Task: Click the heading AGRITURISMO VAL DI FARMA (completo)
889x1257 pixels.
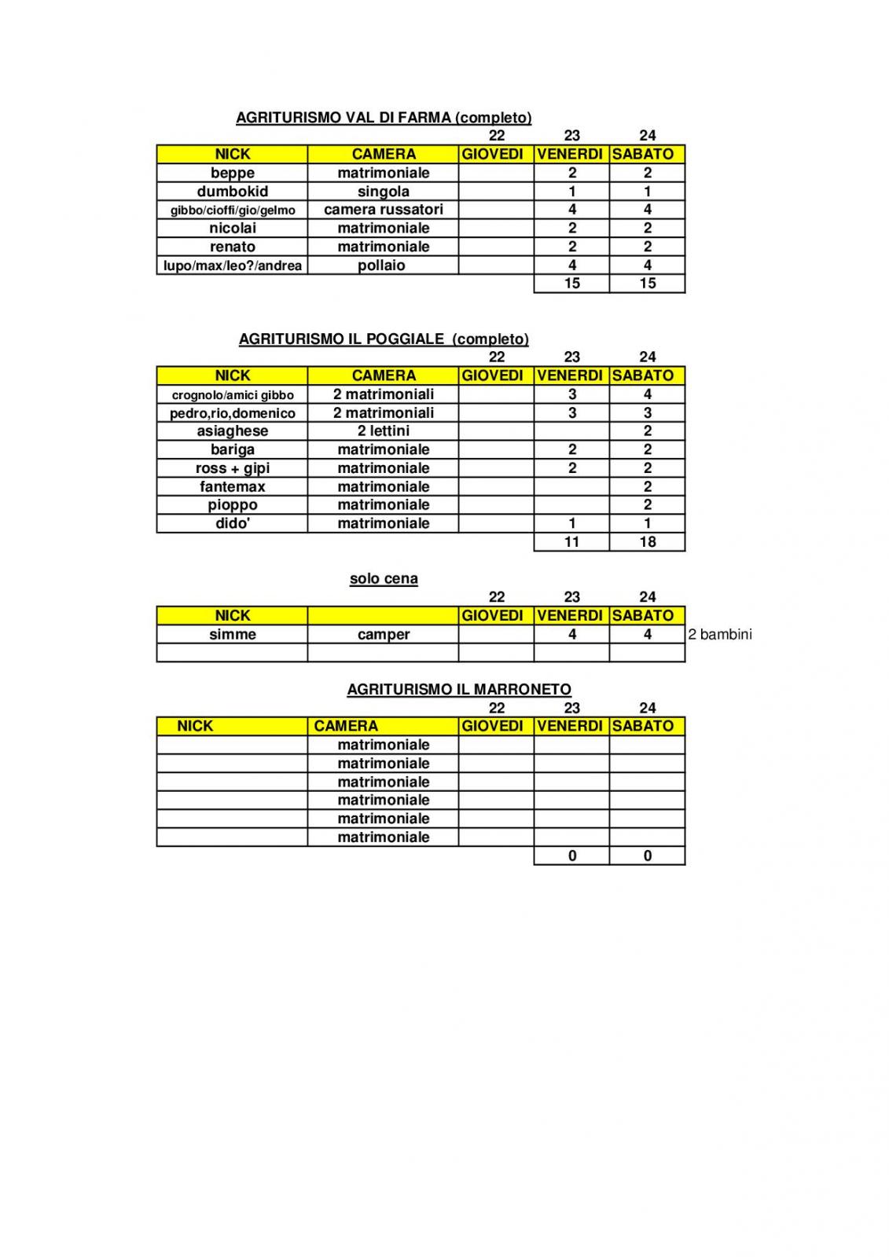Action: click(384, 118)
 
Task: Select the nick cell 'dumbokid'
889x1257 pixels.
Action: click(232, 192)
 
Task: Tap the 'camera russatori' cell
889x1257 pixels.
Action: click(383, 210)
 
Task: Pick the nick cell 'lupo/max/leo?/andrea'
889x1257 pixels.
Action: click(232, 266)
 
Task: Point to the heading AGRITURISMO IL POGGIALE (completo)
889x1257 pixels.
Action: click(384, 339)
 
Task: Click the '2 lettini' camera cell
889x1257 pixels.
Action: click(383, 431)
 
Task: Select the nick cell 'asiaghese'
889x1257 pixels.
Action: click(232, 431)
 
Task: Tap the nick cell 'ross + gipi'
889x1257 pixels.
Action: click(232, 468)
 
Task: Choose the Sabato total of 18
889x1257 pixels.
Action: click(647, 542)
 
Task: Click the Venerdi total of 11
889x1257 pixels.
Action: click(571, 542)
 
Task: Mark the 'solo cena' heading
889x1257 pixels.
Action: click(384, 579)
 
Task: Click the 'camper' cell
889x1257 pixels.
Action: click(383, 635)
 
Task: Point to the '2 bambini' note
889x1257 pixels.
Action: click(719, 635)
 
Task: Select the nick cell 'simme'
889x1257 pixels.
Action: click(232, 635)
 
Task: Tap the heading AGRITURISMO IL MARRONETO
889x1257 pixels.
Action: click(459, 690)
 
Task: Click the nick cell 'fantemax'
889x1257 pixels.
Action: click(232, 487)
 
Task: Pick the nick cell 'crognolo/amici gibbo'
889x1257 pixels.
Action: click(232, 394)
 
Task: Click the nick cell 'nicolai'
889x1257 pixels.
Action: click(232, 229)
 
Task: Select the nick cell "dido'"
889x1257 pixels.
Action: click(232, 524)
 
